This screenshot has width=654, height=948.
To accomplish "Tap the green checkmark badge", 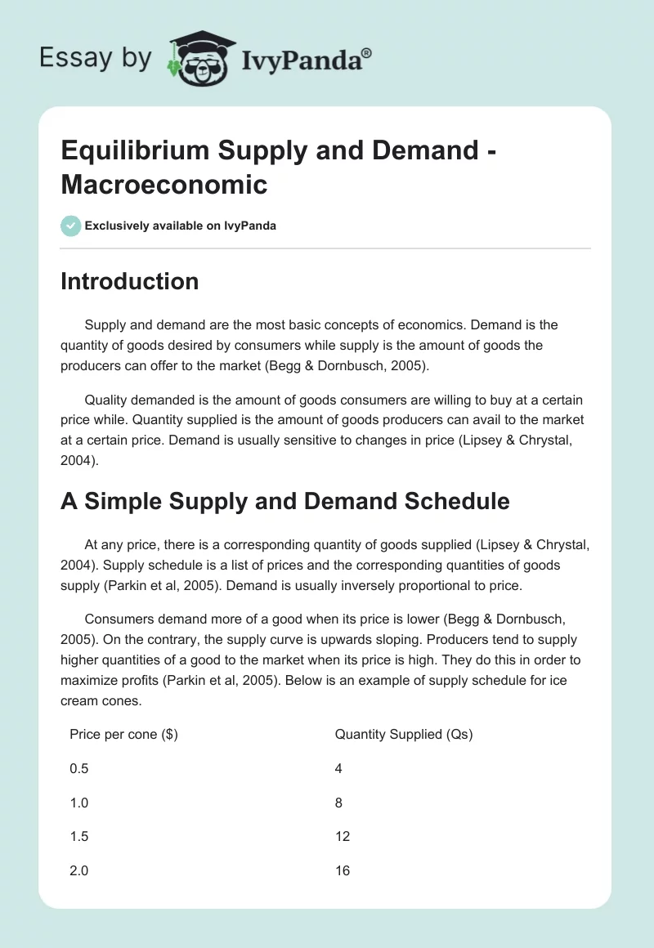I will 71,226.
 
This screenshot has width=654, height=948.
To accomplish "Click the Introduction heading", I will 129,281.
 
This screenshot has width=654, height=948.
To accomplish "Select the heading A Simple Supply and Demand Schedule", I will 284,500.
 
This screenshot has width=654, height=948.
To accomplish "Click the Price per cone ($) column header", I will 123,734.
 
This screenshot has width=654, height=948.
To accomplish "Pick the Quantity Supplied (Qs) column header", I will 404,734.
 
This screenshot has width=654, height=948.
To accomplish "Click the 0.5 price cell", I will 79,768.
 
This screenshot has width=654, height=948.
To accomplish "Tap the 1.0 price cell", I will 79,803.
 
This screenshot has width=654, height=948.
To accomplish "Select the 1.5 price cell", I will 79,836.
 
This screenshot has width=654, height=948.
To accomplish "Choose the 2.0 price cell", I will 79,870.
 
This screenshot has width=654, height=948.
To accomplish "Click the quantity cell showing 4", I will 338,768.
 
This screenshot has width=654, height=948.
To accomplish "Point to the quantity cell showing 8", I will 338,803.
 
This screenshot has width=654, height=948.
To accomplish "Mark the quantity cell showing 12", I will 343,836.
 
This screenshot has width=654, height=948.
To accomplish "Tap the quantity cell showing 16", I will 343,870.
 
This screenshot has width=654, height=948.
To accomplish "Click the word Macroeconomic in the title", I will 164,184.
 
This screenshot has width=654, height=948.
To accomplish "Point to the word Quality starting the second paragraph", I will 107,400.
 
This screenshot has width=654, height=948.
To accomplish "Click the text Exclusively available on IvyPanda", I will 181,226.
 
